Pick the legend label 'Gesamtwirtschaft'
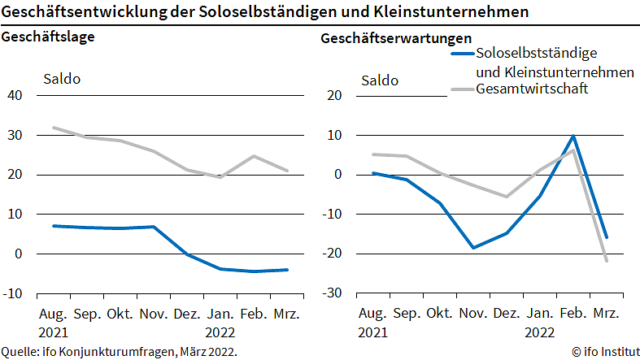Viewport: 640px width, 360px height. click(x=532, y=88)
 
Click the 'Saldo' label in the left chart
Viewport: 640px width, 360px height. click(x=61, y=80)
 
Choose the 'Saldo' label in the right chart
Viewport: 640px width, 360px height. click(x=380, y=80)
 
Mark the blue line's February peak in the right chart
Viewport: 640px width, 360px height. click(x=573, y=136)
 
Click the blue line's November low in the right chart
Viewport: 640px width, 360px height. click(x=473, y=248)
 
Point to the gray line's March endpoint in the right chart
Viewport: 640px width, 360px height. click(x=607, y=261)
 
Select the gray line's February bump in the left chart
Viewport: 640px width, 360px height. click(x=254, y=156)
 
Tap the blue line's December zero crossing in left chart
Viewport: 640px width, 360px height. click(x=187, y=254)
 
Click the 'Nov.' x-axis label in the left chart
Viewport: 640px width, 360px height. click(x=153, y=314)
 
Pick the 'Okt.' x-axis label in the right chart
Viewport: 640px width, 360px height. click(x=439, y=314)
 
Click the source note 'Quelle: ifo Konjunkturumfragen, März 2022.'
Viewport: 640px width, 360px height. click(x=119, y=351)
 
